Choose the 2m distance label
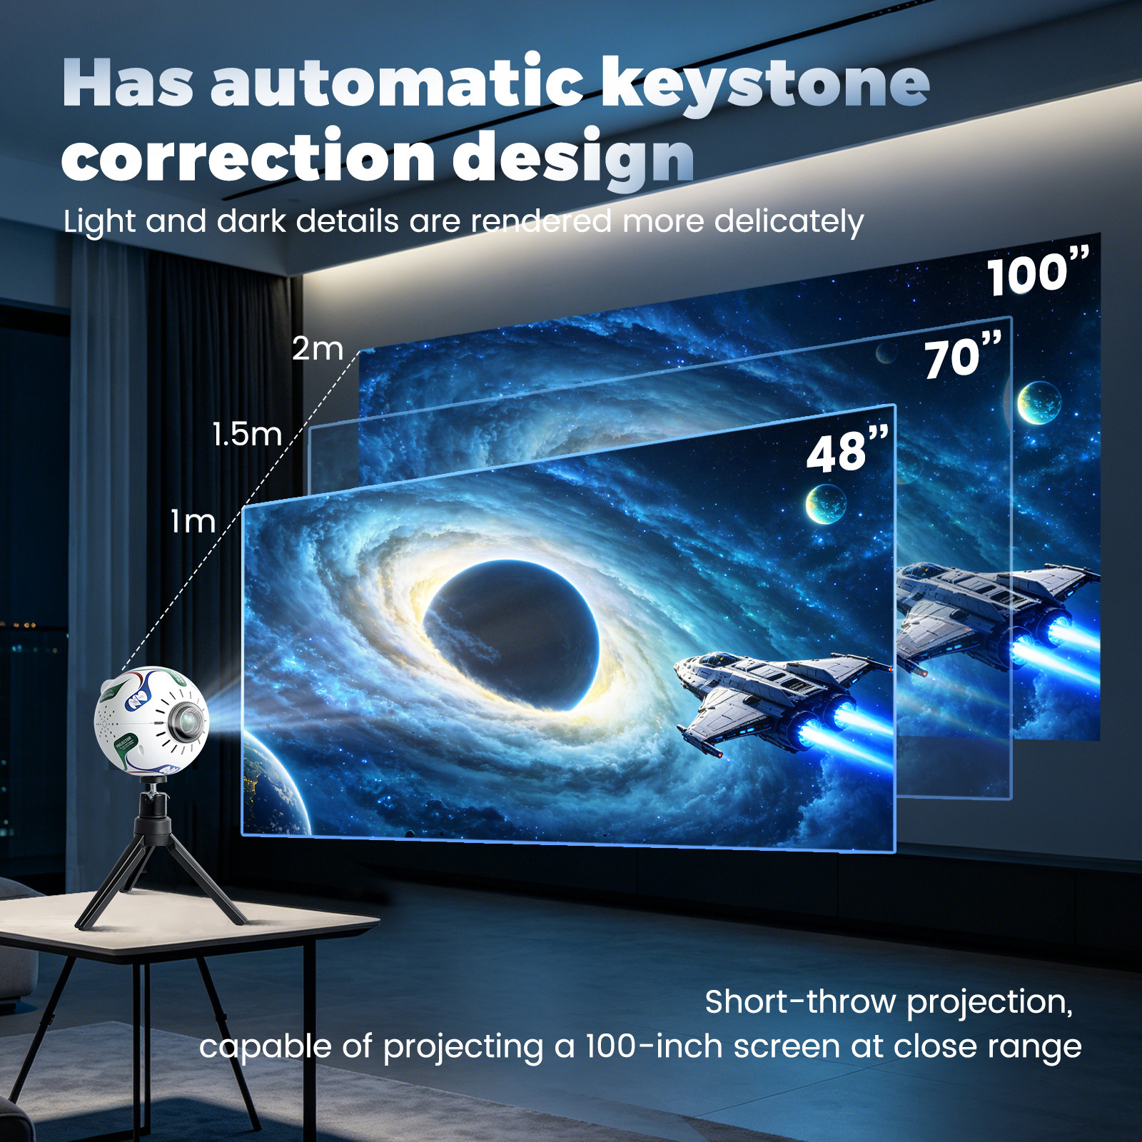318,349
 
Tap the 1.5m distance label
247,435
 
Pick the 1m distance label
193,522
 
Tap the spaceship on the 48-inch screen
785,703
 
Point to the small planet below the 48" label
826,504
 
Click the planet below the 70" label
1039,403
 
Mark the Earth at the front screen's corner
276,785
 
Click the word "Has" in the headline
128,84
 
